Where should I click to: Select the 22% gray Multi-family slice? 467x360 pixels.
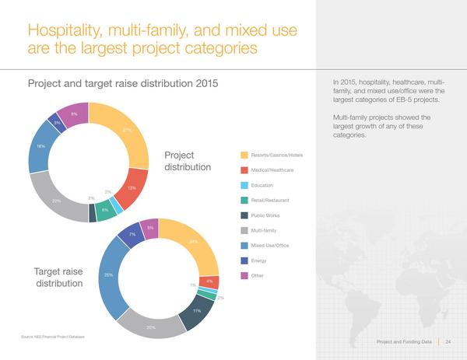57,200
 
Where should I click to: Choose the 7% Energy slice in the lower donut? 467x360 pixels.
132,234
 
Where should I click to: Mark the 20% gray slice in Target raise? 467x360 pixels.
151,327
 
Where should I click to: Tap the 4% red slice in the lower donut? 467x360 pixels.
209,281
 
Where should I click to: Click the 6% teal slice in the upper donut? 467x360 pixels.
104,209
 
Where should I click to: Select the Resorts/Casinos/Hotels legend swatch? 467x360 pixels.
244,156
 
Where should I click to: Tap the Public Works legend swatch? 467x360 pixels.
244,215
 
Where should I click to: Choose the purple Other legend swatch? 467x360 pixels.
244,275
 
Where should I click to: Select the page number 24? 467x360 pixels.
448,341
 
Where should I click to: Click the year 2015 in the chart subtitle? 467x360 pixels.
202,83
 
